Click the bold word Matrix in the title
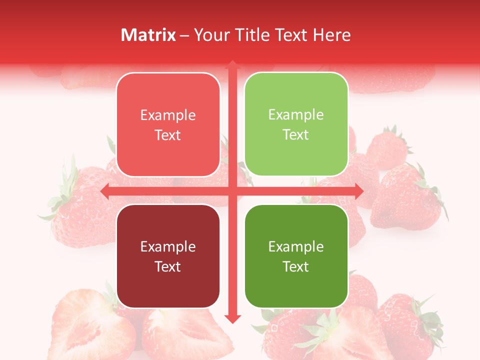click(x=148, y=35)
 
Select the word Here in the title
click(x=331, y=35)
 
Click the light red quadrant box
click(x=168, y=124)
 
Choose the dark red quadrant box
click(x=168, y=256)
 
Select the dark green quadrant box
click(x=296, y=256)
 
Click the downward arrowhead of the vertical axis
click(x=232, y=318)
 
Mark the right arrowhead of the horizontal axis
click(x=358, y=191)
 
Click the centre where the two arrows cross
click(x=232, y=191)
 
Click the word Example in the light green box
click(x=296, y=114)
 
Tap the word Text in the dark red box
click(x=168, y=266)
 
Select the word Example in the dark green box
click(x=296, y=246)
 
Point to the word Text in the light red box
click(x=168, y=135)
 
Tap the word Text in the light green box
click(x=296, y=134)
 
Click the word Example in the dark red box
click(x=168, y=246)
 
